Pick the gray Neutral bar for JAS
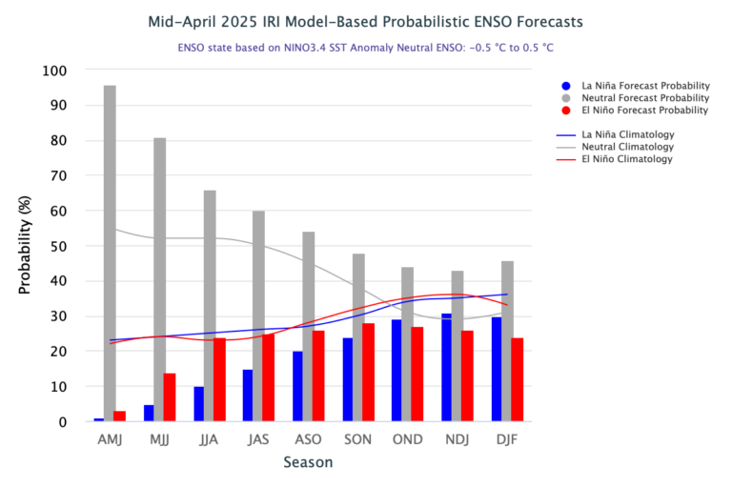point(258,315)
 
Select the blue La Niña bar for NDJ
point(447,368)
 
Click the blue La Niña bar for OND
point(396,371)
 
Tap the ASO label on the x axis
point(308,439)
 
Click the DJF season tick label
point(508,439)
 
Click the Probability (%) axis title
point(26,246)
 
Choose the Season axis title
point(308,463)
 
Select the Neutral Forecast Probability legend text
point(645,97)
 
